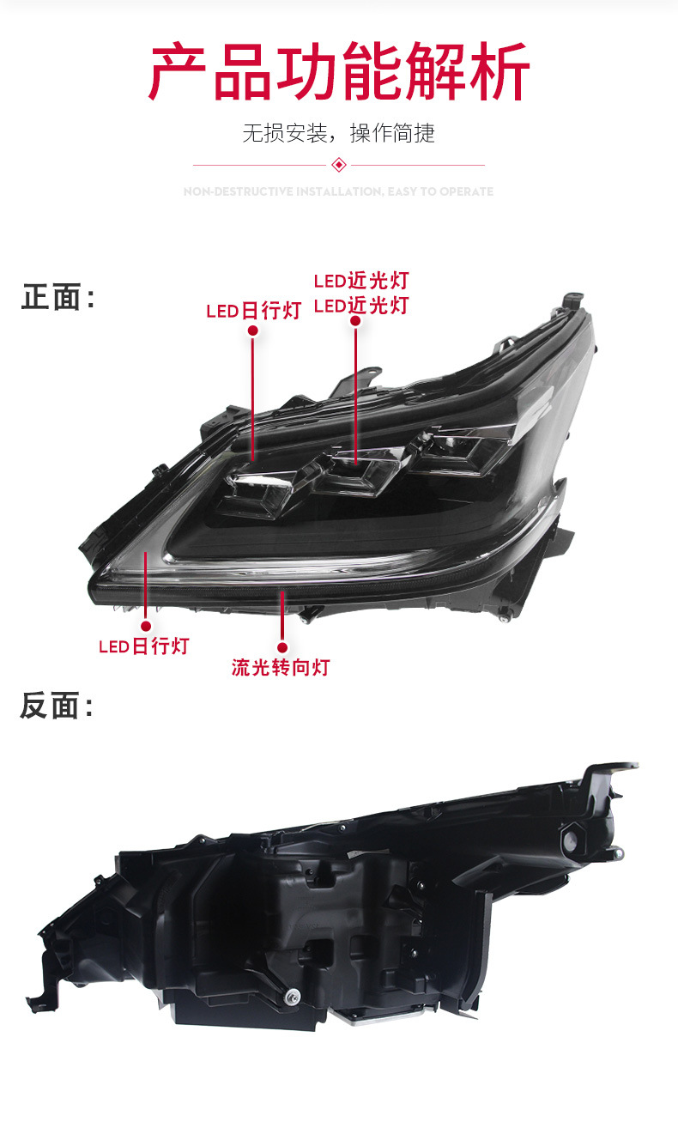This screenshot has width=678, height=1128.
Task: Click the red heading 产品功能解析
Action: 339,72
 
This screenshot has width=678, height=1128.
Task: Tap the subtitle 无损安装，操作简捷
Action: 338,133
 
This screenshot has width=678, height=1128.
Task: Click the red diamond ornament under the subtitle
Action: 338,165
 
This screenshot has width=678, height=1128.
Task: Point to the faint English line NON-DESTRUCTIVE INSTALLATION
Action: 338,191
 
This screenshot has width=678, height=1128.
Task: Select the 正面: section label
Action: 57,298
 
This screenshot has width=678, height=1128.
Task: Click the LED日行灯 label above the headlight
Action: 253,311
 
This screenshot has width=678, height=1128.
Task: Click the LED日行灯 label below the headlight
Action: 143,646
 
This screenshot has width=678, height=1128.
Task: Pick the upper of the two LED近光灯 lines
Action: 360,281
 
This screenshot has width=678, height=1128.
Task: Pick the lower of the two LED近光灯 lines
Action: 360,306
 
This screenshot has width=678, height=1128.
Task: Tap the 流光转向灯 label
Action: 280,667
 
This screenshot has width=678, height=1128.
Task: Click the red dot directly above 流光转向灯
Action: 281,646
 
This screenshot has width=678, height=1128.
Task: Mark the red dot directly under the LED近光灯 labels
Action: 355,322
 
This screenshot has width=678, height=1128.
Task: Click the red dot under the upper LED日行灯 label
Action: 252,331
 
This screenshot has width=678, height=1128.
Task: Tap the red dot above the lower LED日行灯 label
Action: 146,626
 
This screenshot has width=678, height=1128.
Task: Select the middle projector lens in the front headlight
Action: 352,471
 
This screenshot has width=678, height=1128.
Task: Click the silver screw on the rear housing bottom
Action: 293,996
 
